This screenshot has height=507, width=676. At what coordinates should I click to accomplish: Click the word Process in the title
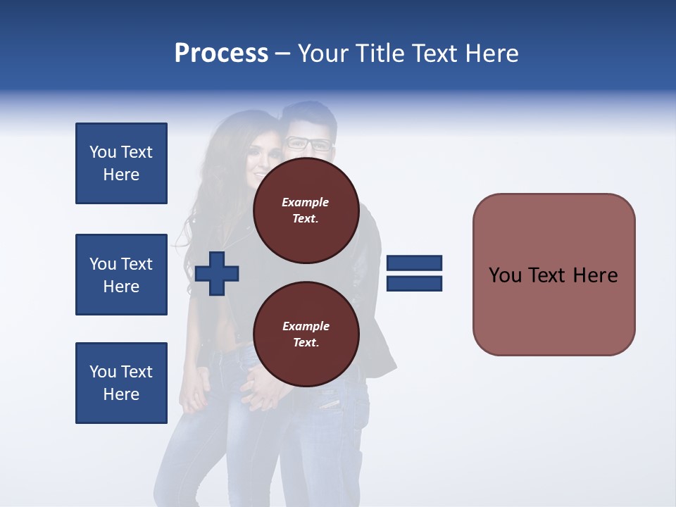[221, 53]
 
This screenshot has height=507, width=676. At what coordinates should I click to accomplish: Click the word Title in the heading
[381, 53]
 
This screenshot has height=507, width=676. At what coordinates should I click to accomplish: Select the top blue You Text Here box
[121, 163]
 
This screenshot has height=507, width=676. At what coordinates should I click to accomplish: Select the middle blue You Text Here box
[121, 275]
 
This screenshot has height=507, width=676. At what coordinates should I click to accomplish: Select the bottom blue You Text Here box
[121, 383]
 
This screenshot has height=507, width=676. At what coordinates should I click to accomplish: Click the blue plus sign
[217, 273]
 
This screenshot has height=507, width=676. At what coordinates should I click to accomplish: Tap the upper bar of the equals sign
[414, 263]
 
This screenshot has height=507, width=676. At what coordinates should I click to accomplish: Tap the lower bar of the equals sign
[414, 284]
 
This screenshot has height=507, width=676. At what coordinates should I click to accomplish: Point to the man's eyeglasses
[308, 144]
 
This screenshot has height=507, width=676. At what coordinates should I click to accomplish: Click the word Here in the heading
[492, 53]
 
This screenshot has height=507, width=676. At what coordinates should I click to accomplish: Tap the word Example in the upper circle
[306, 202]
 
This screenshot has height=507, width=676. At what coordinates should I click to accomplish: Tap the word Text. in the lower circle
[306, 343]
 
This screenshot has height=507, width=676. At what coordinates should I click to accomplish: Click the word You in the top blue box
[102, 152]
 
